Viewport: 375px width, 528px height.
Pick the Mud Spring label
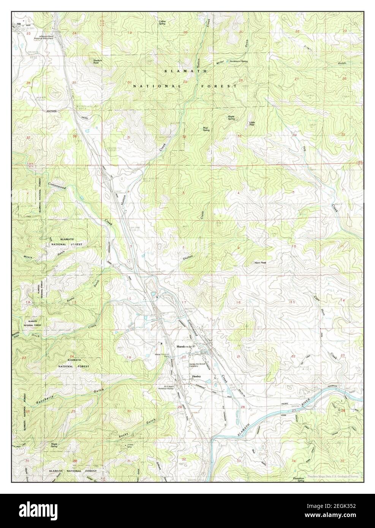click(206, 129)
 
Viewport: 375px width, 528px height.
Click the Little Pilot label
click(252, 123)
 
